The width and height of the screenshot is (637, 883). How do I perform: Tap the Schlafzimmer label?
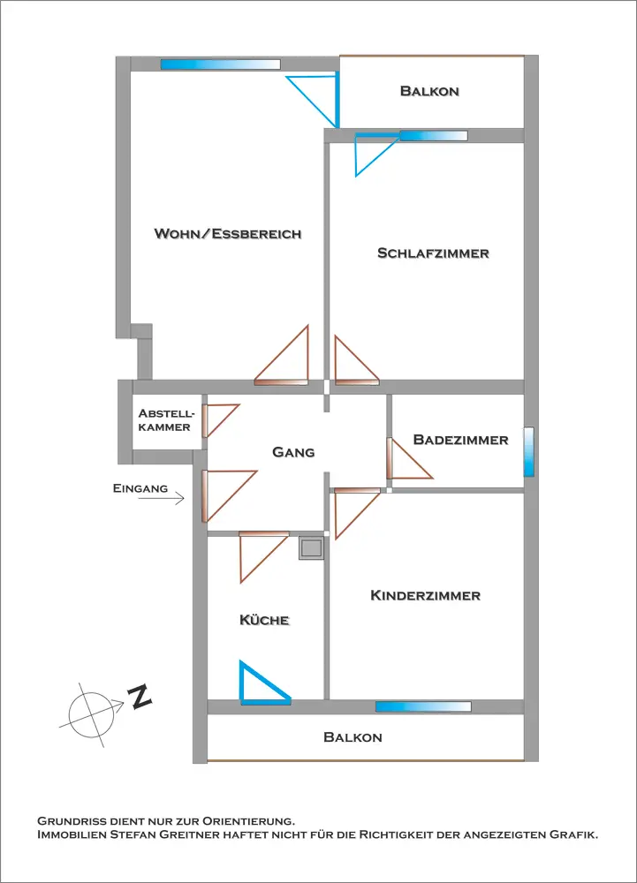(433, 253)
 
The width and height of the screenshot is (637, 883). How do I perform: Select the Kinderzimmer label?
(425, 596)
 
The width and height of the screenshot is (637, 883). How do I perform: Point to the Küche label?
(264, 621)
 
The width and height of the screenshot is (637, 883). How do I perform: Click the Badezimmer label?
(460, 440)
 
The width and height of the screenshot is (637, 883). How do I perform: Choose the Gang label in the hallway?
(293, 452)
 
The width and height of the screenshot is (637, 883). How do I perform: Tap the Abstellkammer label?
(164, 420)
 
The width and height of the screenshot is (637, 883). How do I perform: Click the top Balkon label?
(429, 91)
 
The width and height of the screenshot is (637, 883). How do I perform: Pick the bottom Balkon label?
(353, 737)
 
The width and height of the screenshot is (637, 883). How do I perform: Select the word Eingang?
(140, 487)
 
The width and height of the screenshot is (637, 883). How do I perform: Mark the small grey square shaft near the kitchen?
(311, 548)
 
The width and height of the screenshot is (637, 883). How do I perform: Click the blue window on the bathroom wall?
(528, 451)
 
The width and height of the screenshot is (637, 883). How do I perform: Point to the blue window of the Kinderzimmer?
(422, 706)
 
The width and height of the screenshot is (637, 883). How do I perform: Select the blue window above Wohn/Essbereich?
(220, 64)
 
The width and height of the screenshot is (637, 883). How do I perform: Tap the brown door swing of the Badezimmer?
(406, 461)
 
